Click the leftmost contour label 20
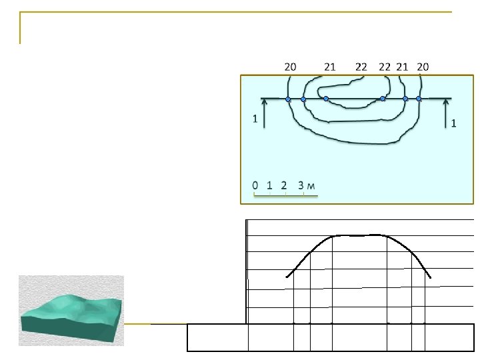tap(290, 67)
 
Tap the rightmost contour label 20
tap(423, 67)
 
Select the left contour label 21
tap(330, 67)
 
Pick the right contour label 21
tap(402, 67)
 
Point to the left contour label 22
tap(361, 67)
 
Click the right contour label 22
tap(385, 67)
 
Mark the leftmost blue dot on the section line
tap(288, 99)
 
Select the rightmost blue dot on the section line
tap(419, 99)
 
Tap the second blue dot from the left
tap(303, 99)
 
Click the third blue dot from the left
tap(326, 99)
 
